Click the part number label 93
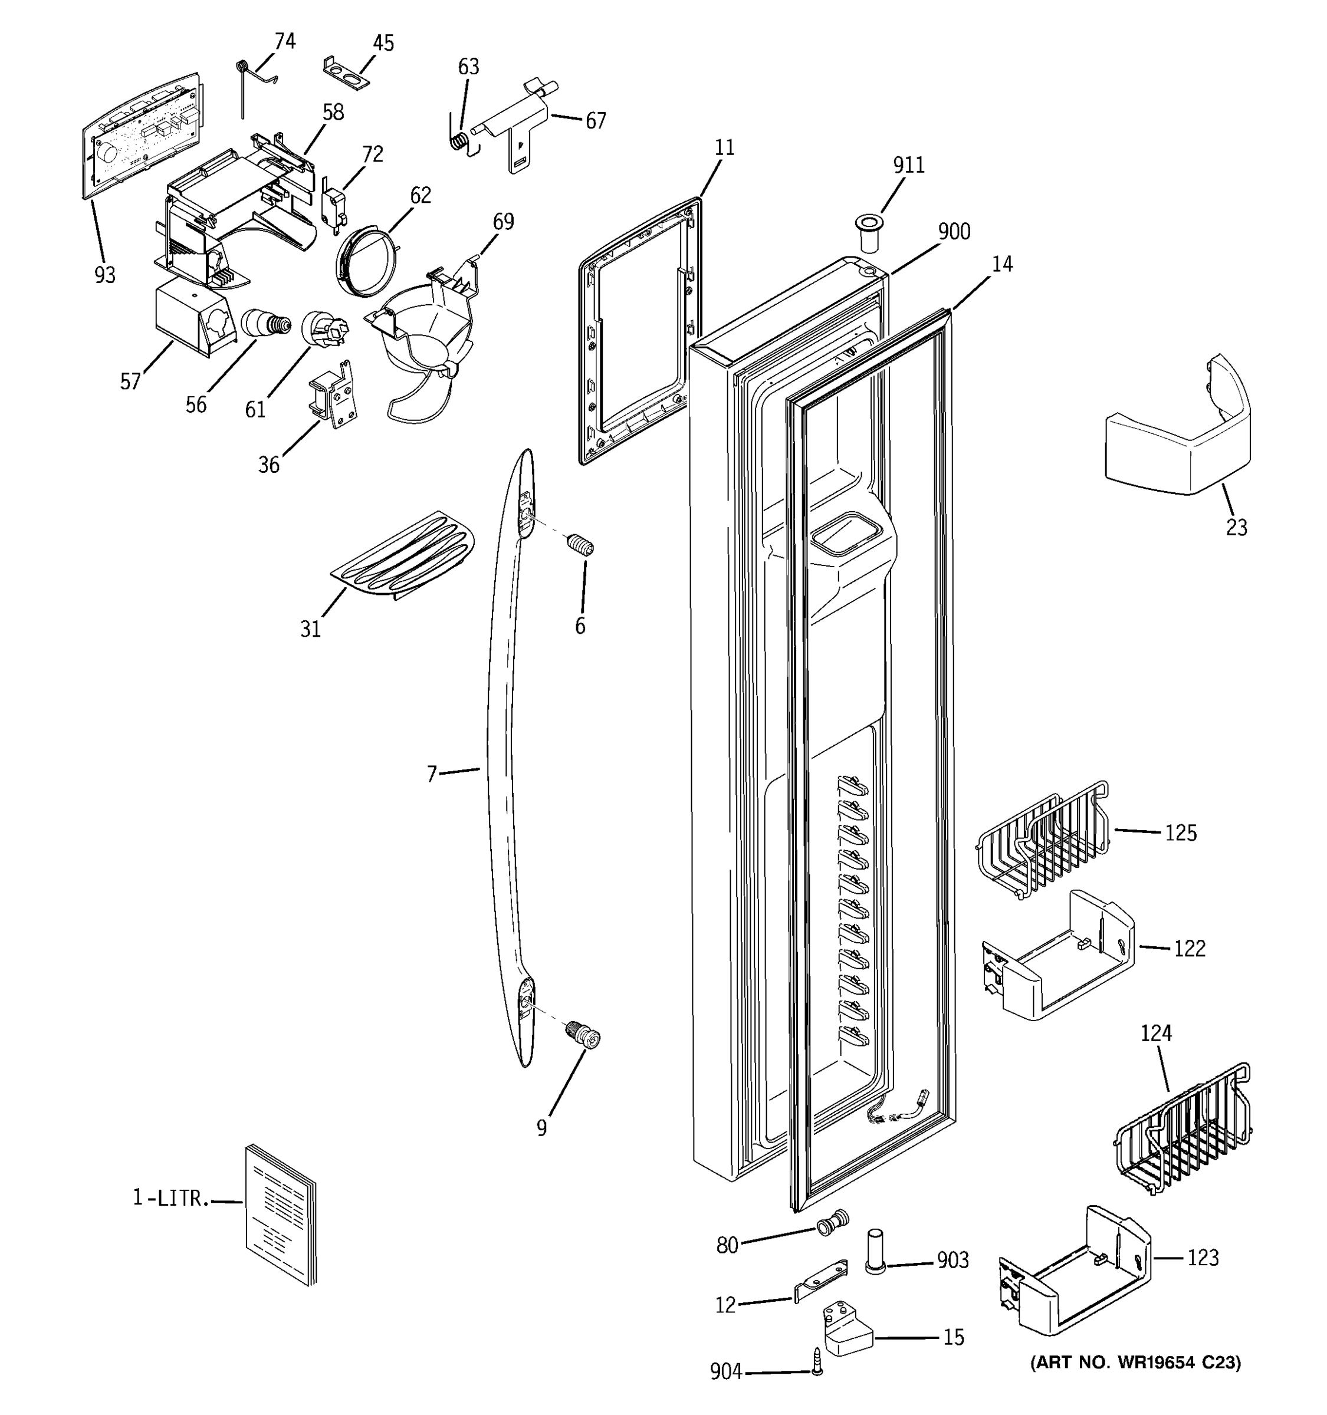pyautogui.click(x=104, y=275)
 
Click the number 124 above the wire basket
pyautogui.click(x=1155, y=1033)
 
